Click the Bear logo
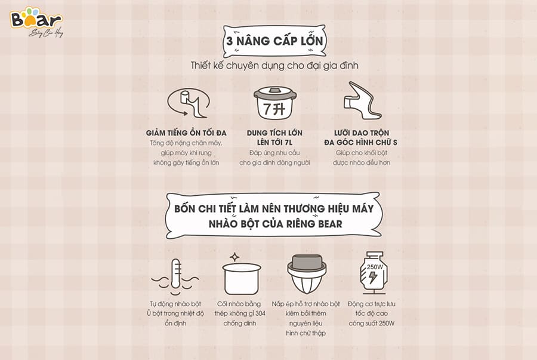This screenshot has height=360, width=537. (36, 22)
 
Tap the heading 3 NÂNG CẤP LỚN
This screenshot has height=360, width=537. (274, 41)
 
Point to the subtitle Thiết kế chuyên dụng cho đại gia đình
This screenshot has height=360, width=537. (274, 66)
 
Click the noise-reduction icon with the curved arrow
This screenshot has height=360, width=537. (188, 103)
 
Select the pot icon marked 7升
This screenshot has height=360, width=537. (275, 103)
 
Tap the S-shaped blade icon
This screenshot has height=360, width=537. (362, 100)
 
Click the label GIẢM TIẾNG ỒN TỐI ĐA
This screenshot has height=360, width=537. (186, 133)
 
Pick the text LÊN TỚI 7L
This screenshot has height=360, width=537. (274, 143)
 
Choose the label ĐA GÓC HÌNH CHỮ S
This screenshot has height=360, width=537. (361, 143)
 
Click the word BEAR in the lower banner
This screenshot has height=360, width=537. (330, 224)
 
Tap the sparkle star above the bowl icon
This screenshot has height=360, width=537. (234, 257)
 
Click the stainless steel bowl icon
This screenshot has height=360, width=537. (242, 279)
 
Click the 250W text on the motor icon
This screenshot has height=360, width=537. (375, 266)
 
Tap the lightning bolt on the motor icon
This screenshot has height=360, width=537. (373, 277)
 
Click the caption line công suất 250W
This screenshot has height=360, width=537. (372, 324)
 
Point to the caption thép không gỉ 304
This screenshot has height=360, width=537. (240, 313)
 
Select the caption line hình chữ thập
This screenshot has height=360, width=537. (306, 333)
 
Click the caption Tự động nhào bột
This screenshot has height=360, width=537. (175, 304)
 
